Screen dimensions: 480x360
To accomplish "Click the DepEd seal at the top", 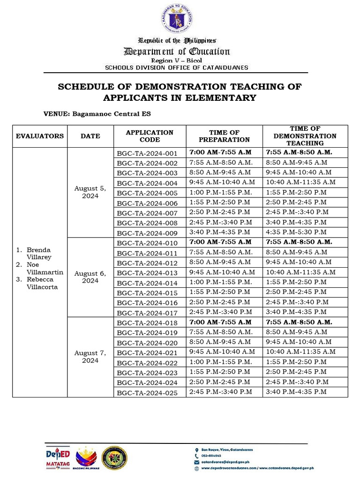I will [177, 19].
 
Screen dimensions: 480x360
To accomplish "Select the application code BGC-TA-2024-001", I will [147, 153].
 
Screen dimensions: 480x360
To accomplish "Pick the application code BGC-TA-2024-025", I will [147, 393].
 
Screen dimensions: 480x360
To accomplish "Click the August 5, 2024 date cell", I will [90, 192].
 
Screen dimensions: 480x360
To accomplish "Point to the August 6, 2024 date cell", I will [90, 277].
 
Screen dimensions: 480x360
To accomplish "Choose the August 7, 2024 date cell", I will [90, 357].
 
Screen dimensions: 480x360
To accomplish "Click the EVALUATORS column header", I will [40, 136].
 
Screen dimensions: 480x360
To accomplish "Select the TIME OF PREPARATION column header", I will [224, 136].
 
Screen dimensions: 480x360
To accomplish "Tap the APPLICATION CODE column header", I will [150, 136].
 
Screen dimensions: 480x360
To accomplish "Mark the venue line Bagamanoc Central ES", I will [97, 114].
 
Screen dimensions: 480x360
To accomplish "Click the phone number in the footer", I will [211, 456].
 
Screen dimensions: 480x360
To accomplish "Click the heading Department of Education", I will [176, 52].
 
